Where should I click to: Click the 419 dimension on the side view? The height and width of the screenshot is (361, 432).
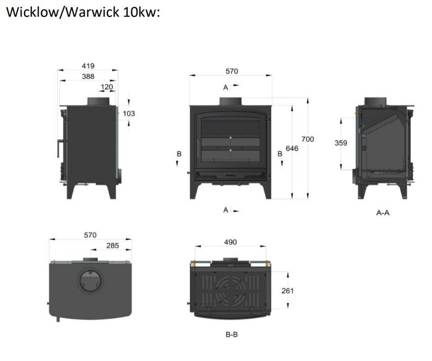(87, 66)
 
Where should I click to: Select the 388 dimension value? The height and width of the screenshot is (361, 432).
(87, 76)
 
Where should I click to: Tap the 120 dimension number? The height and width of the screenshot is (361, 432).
(107, 87)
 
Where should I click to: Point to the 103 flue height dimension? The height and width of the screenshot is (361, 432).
(129, 113)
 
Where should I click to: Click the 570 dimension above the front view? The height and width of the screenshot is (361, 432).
(231, 71)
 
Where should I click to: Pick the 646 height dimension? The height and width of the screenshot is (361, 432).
(292, 149)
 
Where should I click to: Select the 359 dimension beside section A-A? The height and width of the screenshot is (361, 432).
(341, 143)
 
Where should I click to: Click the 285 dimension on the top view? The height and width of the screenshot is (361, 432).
(112, 245)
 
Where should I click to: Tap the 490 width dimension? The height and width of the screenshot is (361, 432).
(230, 242)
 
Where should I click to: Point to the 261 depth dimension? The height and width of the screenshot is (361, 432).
(287, 290)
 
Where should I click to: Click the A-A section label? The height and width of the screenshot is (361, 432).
(383, 213)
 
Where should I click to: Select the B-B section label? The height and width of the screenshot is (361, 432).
(232, 334)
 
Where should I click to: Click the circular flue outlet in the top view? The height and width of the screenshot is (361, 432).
(90, 282)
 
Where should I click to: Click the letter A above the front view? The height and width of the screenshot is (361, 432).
(225, 87)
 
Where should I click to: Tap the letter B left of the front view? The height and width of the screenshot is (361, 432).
(179, 154)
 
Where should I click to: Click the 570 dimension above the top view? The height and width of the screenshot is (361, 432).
(90, 235)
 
